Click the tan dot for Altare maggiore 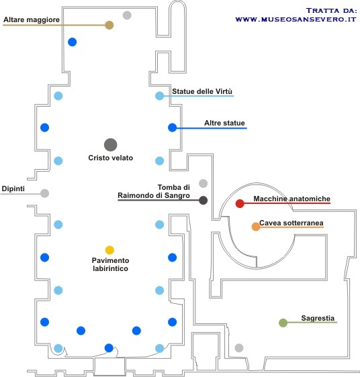point(109,25)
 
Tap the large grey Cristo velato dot point(111,145)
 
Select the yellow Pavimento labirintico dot point(109,250)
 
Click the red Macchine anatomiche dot point(240,203)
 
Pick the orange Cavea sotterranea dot point(256,227)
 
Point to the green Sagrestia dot point(283,323)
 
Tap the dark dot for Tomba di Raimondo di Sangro point(204,200)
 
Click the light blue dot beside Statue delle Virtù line point(159,96)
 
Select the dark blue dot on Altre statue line point(172,127)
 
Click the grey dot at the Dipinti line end point(44,193)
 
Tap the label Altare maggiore point(32,19)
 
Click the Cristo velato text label point(111,158)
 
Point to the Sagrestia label point(318,318)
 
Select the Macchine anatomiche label point(292,199)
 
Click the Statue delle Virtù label point(202,91)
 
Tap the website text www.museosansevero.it point(296,19)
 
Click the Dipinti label point(13,188)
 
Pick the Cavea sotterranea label point(291,223)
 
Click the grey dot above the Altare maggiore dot point(127,15)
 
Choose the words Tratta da point(331,11)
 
